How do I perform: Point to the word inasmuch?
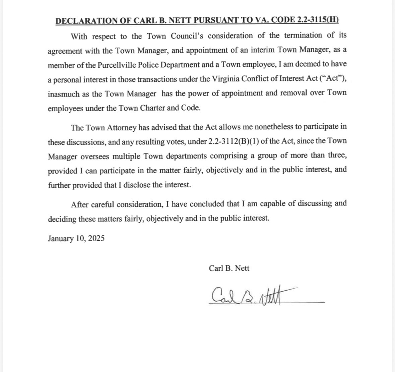pos(64,94)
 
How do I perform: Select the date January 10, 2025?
pos(76,239)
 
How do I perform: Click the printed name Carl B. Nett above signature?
pos(229,268)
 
